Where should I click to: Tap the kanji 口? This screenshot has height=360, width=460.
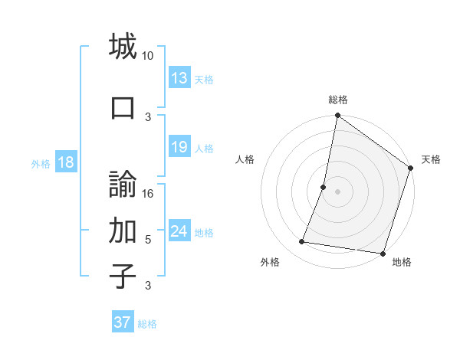(123, 106)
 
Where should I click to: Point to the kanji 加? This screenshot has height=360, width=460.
(123, 229)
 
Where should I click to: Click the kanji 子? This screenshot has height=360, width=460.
(123, 275)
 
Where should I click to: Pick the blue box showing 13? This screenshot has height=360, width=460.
(179, 78)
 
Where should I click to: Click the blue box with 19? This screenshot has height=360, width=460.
(179, 147)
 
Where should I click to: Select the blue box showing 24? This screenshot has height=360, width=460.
(179, 231)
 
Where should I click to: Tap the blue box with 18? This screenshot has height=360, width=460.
(65, 162)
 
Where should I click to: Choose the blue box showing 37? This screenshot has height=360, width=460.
(123, 322)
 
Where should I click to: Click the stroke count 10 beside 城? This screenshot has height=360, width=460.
(148, 56)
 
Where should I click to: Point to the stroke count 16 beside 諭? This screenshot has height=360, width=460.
(148, 193)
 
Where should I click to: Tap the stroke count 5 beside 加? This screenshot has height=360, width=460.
(148, 240)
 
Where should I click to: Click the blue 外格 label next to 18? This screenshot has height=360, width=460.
(41, 163)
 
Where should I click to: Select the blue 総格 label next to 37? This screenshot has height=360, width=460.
(147, 323)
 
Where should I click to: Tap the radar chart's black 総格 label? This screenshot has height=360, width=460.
(337, 100)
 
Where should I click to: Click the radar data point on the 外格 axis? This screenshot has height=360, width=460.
(302, 242)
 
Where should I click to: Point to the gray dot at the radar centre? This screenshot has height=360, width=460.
(337, 191)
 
